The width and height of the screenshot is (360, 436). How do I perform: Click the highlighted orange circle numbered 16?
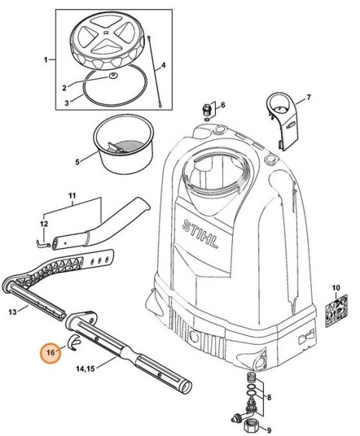52,352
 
